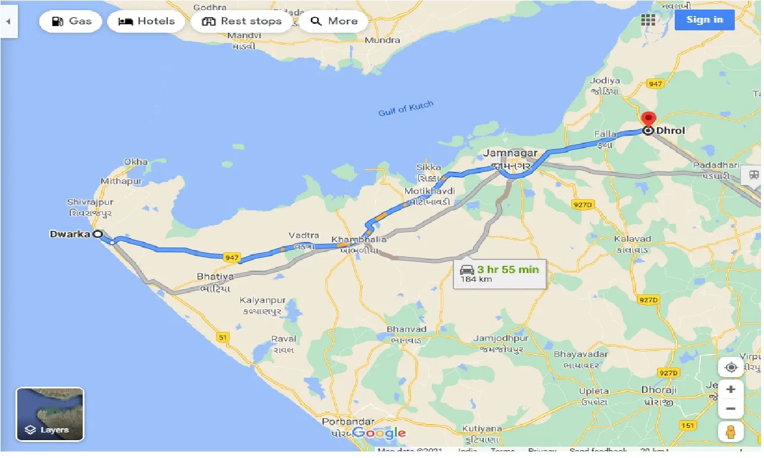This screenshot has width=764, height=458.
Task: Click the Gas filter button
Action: (x=71, y=21)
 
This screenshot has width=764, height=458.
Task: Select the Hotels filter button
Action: (x=146, y=21)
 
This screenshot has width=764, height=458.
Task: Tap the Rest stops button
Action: (x=241, y=21)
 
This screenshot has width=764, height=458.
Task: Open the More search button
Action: (x=334, y=21)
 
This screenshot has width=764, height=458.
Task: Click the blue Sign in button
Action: (x=704, y=20)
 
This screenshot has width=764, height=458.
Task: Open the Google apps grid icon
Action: (x=648, y=20)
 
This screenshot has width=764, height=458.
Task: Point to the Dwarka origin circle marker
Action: (x=98, y=234)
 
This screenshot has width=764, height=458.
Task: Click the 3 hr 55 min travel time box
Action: (x=500, y=274)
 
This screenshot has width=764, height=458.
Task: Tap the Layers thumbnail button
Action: (x=50, y=414)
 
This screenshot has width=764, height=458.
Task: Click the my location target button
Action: (x=731, y=367)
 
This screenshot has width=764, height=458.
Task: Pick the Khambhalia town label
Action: (x=359, y=239)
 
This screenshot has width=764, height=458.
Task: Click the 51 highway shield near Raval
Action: (x=223, y=337)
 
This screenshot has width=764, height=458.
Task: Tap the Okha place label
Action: (x=136, y=162)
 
